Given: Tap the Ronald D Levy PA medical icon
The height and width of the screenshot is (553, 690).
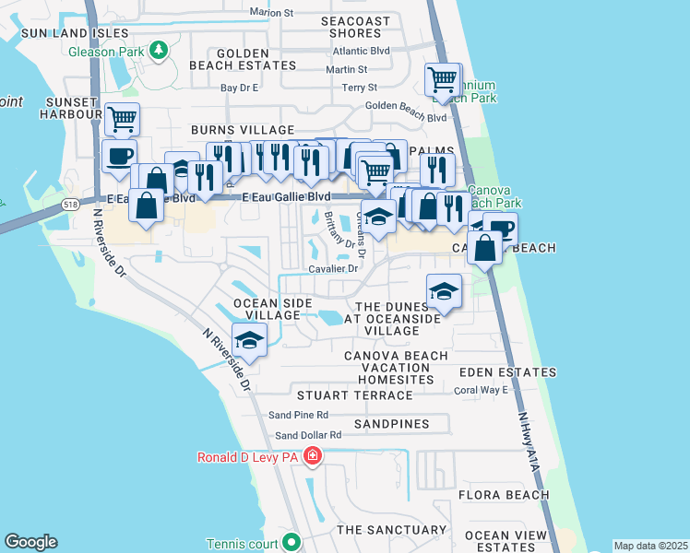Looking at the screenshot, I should (x=313, y=456).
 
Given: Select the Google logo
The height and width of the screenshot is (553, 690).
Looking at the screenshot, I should (x=30, y=542).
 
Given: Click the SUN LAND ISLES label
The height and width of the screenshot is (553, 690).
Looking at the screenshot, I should (x=61, y=32).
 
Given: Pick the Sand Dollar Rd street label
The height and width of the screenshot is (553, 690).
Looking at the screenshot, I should (x=308, y=435).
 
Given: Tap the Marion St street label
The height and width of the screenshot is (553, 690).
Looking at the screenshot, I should (x=271, y=13).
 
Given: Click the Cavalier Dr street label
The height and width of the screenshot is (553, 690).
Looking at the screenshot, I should (x=334, y=269).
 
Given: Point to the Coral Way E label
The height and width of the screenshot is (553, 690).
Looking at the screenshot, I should (x=482, y=390).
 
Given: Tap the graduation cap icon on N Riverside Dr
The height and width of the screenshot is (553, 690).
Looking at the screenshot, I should (x=249, y=340).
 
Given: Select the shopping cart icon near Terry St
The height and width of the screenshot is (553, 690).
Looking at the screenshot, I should (x=443, y=80).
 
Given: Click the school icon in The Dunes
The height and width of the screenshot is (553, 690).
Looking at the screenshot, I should (x=444, y=293).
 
